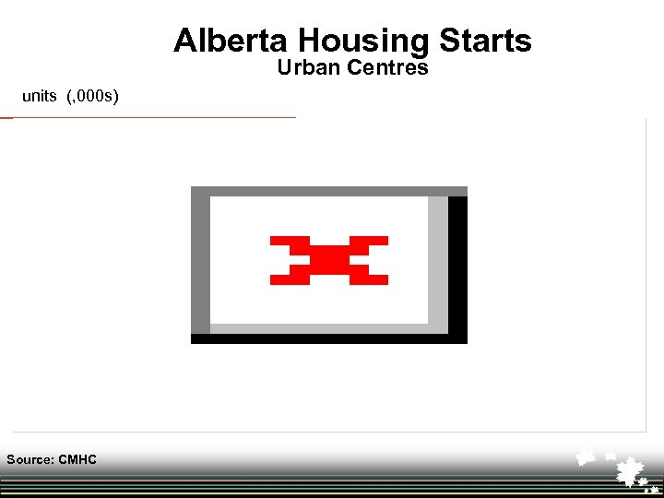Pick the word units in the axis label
pyautogui.click(x=40, y=96)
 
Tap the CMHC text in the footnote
pyautogui.click(x=77, y=459)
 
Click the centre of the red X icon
pyautogui.click(x=328, y=260)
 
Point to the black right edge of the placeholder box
pyautogui.click(x=457, y=267)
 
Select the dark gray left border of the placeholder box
pyautogui.click(x=200, y=264)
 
